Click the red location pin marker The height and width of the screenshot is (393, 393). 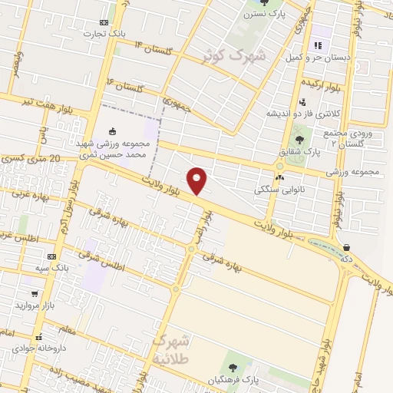pos(197,180)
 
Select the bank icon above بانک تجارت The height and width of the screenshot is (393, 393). pos(104,23)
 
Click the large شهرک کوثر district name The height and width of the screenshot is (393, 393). pos(234,54)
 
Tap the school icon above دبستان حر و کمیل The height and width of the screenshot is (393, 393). pos(317,45)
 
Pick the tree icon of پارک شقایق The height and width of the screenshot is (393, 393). pos(299,139)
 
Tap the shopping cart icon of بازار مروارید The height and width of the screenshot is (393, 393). pos(35,294)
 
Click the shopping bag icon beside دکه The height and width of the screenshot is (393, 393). pos(349,247)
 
